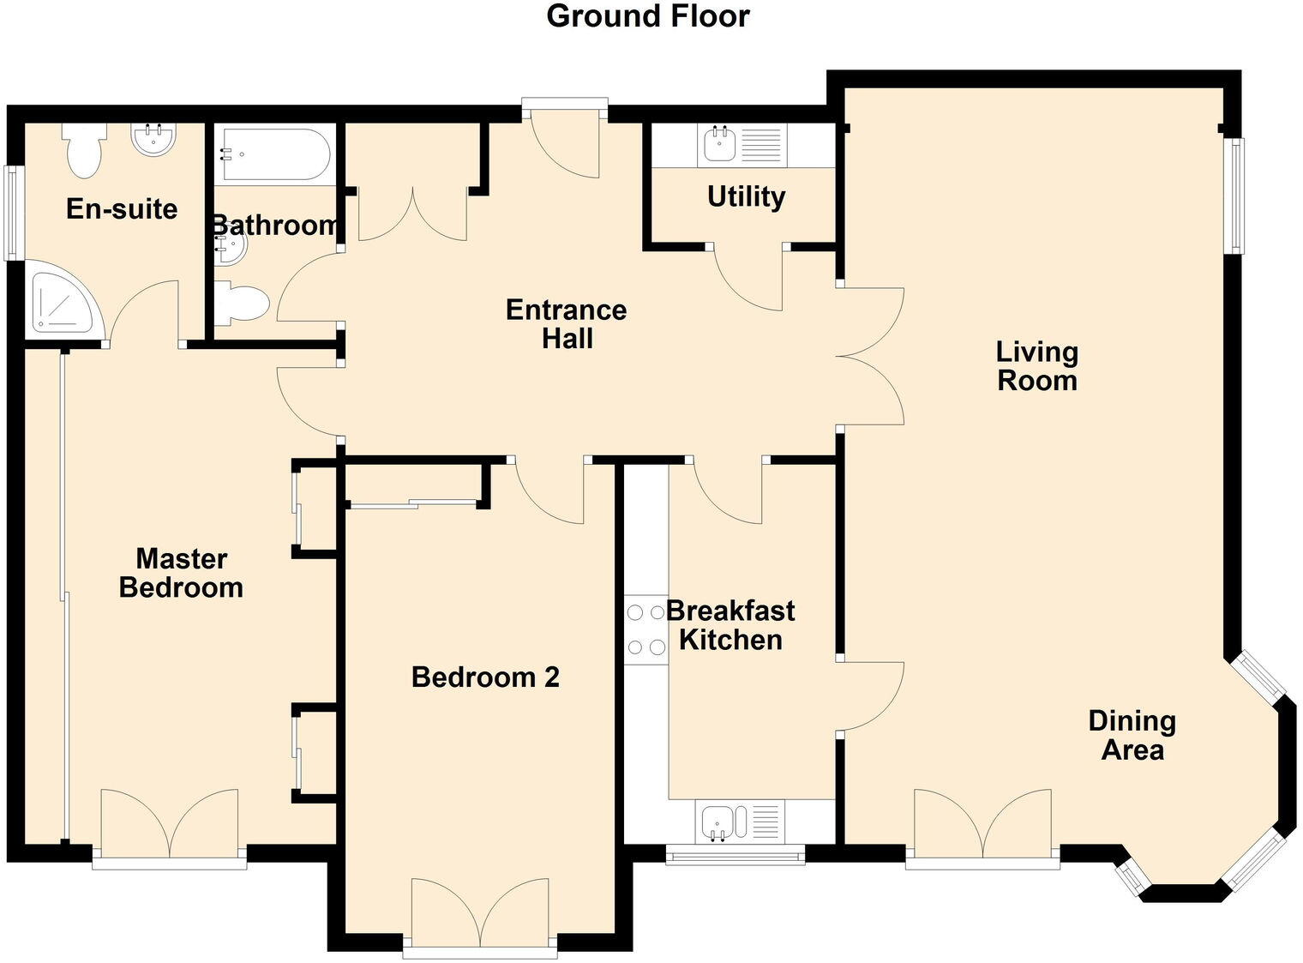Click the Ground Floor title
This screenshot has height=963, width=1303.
click(x=648, y=16)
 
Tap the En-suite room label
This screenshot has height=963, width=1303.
click(x=122, y=209)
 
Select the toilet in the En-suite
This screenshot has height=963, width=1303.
click(x=84, y=151)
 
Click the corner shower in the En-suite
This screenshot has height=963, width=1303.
click(x=64, y=301)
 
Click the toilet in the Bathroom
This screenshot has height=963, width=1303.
click(x=242, y=304)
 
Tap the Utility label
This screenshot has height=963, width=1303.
click(x=746, y=197)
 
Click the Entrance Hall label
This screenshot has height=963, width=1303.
click(x=566, y=323)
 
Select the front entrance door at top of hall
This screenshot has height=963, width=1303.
click(x=565, y=141)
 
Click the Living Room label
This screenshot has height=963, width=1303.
click(x=1036, y=366)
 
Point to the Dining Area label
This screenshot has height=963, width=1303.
click(x=1132, y=736)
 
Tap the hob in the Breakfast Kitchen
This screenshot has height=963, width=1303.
click(x=645, y=630)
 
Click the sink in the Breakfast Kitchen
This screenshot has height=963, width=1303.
click(x=717, y=822)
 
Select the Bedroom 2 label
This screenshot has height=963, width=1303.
click(x=485, y=677)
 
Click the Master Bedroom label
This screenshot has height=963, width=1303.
click(x=181, y=573)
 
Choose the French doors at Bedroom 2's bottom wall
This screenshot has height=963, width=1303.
click(x=480, y=913)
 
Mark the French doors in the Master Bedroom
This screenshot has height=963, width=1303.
click(x=169, y=823)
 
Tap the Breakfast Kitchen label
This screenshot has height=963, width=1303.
click(x=730, y=625)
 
